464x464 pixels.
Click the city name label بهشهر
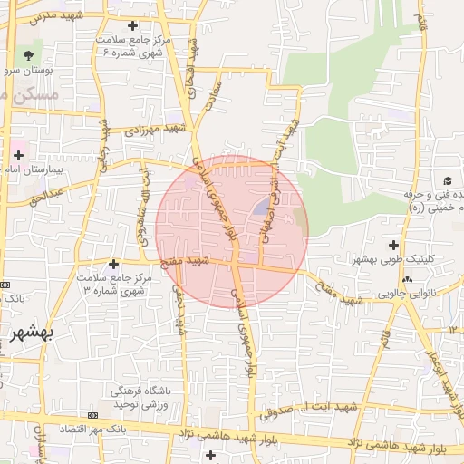(x=31, y=333)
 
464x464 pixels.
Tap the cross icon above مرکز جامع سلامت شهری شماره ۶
(x=134, y=25)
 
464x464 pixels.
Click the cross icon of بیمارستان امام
(x=18, y=157)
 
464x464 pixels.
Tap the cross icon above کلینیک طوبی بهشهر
(x=392, y=244)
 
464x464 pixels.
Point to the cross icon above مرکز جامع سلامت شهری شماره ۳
(x=112, y=263)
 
